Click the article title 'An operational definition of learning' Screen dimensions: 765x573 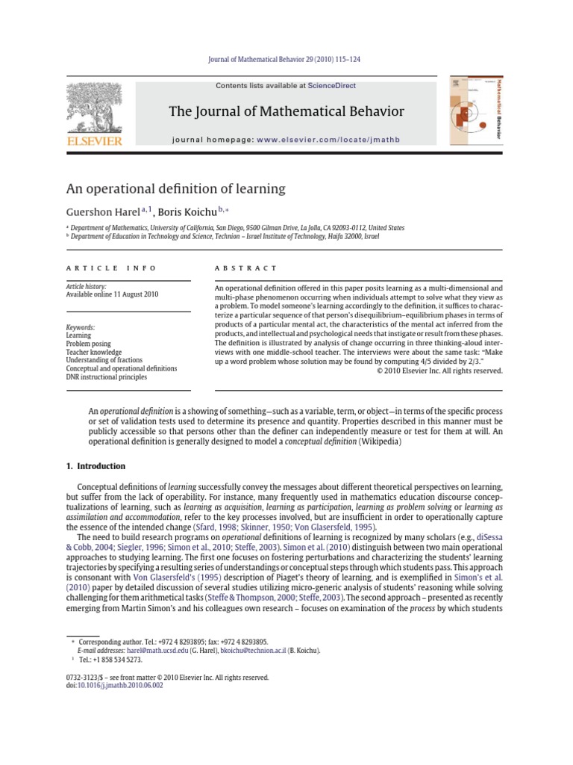pos(176,188)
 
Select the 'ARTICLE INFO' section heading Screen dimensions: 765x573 pos(111,267)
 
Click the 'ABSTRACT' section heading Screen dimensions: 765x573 pos(245,267)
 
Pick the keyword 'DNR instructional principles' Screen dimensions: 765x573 pos(107,377)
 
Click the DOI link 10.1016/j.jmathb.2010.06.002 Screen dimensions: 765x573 pos(119,685)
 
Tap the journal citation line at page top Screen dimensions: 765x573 pos(286,59)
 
